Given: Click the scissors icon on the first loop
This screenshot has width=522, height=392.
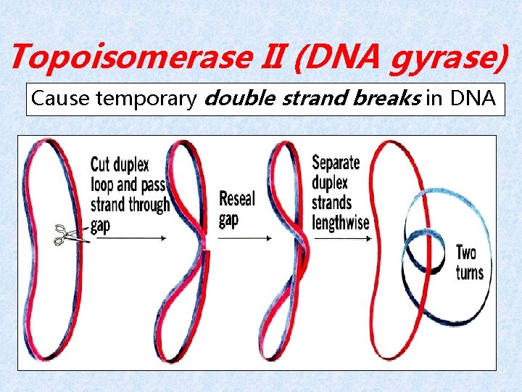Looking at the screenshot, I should (70, 234).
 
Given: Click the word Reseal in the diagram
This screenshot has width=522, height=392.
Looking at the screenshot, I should (237, 198).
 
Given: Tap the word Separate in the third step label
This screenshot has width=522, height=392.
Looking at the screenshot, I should (339, 163).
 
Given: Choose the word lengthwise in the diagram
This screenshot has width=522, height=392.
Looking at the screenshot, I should (341, 223).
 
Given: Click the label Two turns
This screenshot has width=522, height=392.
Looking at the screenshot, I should (469, 263).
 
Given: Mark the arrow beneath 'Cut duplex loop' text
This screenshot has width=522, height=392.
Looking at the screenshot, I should (130, 238).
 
